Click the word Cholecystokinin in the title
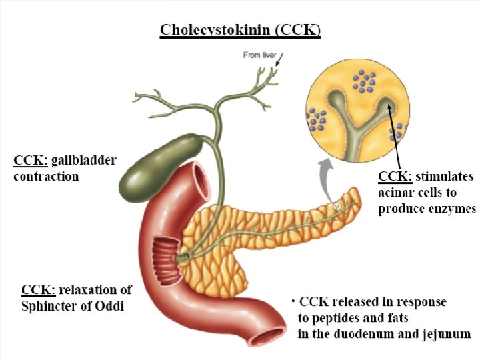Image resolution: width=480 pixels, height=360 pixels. click(214, 31)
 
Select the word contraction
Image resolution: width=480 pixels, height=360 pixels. click(46, 177)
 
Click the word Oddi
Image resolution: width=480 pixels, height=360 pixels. click(109, 306)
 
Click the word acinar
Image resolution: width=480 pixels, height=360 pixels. click(398, 193)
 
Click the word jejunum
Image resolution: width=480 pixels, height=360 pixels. click(445, 333)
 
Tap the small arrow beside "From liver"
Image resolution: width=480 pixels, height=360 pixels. click(279, 61)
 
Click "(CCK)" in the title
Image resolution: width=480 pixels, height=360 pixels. click(297, 31)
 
